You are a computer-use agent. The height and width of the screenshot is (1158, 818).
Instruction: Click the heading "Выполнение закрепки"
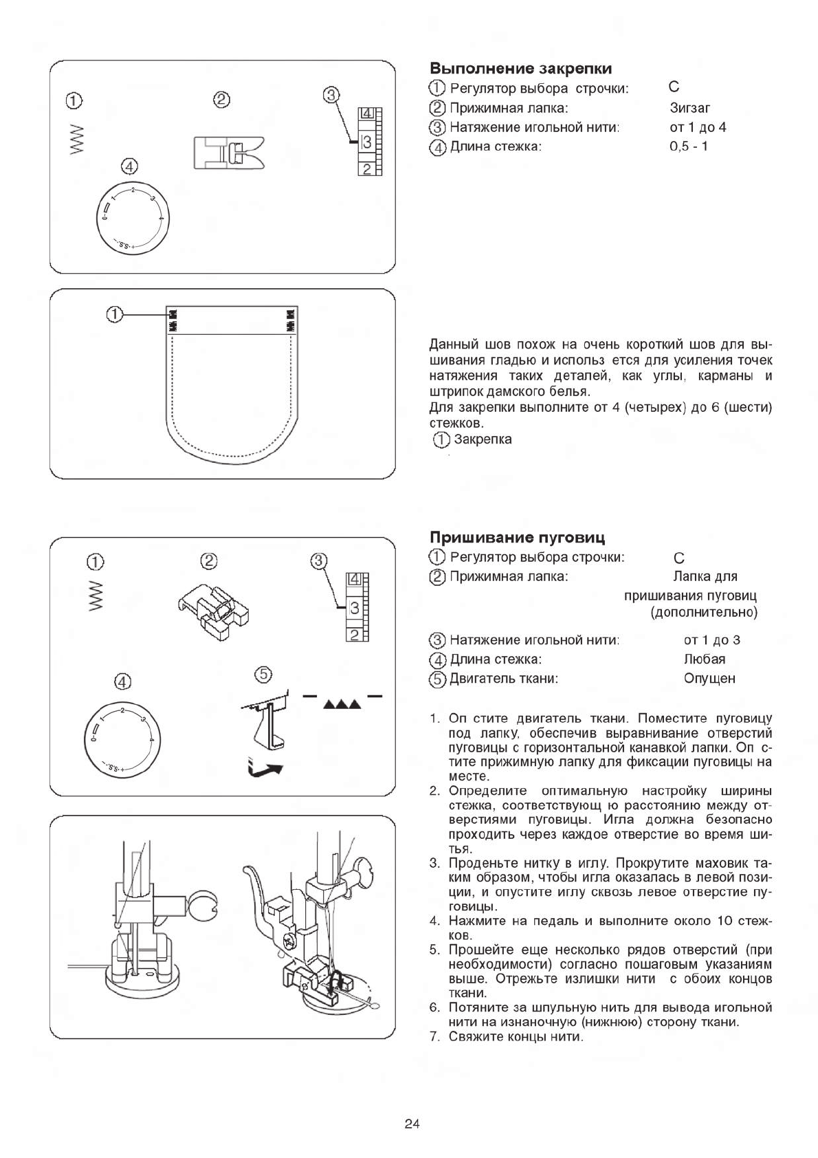[520, 69]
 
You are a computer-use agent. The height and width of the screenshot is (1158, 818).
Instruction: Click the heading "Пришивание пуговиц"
[517, 537]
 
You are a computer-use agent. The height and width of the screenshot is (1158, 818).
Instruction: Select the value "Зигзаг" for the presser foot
[689, 108]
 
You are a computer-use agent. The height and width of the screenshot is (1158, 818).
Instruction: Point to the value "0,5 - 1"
[688, 146]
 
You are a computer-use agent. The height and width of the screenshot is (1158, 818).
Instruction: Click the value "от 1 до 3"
[711, 640]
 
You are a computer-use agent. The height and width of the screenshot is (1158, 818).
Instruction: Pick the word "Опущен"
[709, 679]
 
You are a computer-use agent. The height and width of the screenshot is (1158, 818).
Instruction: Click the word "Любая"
[704, 659]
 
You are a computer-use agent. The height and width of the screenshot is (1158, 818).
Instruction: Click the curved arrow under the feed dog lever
[265, 769]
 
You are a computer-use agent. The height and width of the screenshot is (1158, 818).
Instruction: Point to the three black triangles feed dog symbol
[342, 705]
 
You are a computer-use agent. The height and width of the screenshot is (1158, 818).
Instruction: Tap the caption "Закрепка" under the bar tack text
[483, 439]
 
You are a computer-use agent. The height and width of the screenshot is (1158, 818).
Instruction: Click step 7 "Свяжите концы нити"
[516, 1036]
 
